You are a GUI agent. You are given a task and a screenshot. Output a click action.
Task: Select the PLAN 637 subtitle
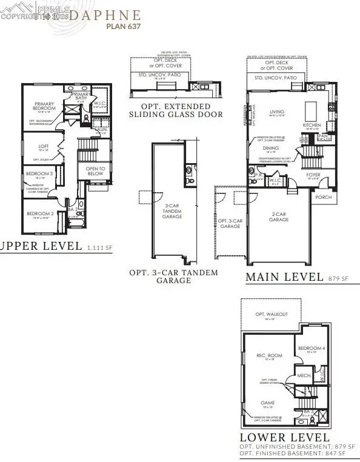click(x=124, y=26)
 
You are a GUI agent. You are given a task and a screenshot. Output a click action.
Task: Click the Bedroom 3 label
click(x=36, y=174)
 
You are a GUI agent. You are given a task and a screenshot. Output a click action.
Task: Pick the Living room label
click(x=277, y=111)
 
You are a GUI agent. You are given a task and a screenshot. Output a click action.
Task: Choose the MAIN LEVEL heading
click(x=284, y=277)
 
